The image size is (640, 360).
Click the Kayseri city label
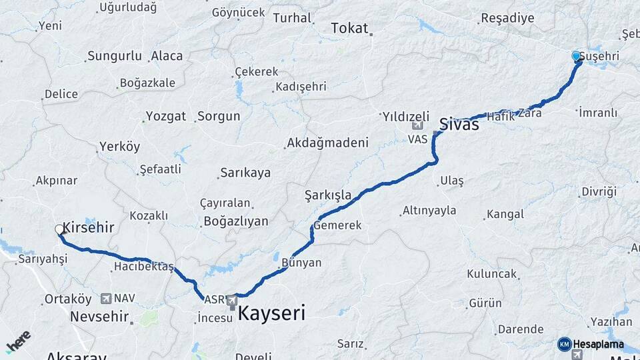[x=271, y=313]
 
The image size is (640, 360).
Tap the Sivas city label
[x=459, y=123]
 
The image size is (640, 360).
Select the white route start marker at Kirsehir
[x=59, y=230]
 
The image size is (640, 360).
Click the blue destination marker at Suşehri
[x=577, y=57]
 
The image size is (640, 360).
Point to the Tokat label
[x=349, y=28]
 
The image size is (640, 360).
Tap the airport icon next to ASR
[x=232, y=301]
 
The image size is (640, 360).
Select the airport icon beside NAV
[x=106, y=299]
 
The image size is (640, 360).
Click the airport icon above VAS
[x=417, y=125]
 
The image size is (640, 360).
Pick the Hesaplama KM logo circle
[x=564, y=344]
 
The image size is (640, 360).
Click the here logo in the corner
[x=18, y=341]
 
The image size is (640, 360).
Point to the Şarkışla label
[x=327, y=195]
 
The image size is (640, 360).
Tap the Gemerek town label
[x=337, y=225]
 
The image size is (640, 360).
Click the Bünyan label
[x=301, y=263]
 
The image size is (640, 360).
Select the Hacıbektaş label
[x=143, y=267]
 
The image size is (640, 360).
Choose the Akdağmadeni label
[x=327, y=143]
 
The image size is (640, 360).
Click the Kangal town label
[x=505, y=214]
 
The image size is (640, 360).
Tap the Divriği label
[x=599, y=191]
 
